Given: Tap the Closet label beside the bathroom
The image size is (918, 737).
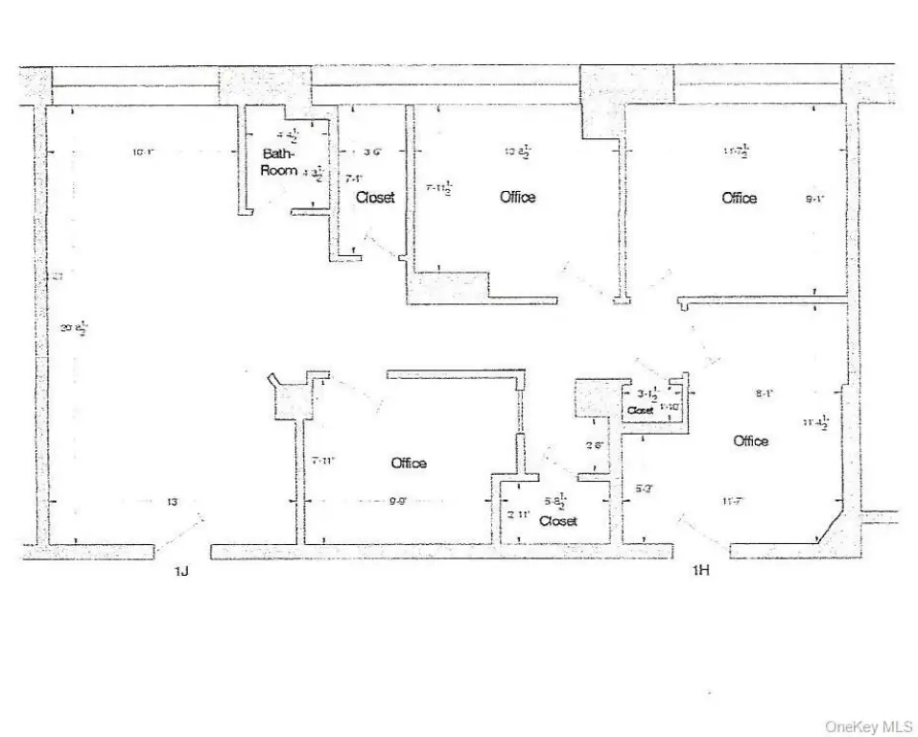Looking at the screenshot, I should (x=375, y=198).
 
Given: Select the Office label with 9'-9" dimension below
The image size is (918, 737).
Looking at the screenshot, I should (x=409, y=464).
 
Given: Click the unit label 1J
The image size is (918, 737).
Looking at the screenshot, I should (x=181, y=572).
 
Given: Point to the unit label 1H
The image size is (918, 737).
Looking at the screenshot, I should (x=701, y=572).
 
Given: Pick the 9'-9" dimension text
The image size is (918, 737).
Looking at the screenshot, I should (x=399, y=501).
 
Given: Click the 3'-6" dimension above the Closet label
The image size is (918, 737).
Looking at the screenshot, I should (x=374, y=151).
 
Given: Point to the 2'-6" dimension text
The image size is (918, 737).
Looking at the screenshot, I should (x=595, y=444).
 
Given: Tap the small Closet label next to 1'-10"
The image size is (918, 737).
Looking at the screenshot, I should (x=640, y=411).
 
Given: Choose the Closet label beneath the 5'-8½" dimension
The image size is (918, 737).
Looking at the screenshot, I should (x=558, y=521).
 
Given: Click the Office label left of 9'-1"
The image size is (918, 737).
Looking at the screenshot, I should (x=739, y=198).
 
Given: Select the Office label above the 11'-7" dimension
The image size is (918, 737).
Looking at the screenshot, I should (x=751, y=441).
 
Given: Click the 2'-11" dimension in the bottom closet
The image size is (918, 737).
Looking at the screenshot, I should (x=519, y=514).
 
